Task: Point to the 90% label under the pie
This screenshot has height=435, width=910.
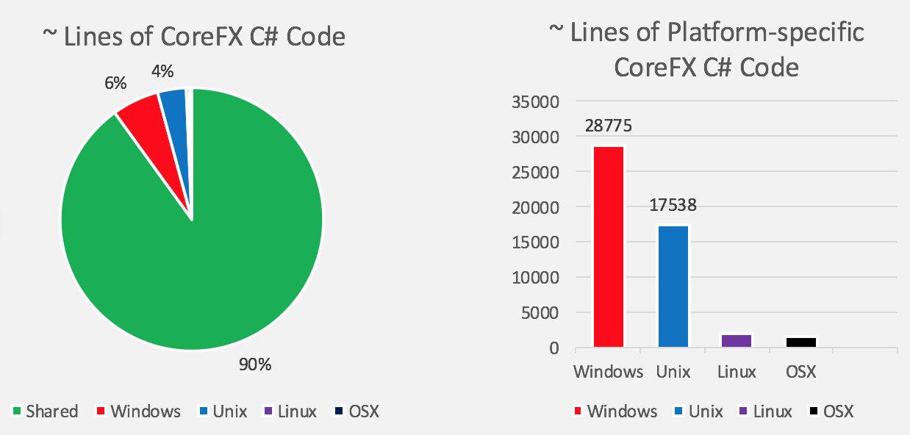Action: [x=254, y=364]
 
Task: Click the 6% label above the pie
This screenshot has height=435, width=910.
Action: [x=115, y=83]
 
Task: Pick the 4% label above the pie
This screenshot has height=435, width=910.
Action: [x=162, y=71]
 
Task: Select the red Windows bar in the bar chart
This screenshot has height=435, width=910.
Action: [x=609, y=247]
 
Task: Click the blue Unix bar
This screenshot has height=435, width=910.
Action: [x=673, y=287]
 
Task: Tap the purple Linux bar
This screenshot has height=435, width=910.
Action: [x=737, y=341]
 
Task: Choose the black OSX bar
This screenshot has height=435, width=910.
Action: [x=802, y=342]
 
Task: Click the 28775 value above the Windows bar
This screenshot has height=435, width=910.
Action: [x=609, y=126]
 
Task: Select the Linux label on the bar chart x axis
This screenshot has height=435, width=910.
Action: [x=737, y=372]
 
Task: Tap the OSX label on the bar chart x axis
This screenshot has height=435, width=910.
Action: [x=800, y=372]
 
